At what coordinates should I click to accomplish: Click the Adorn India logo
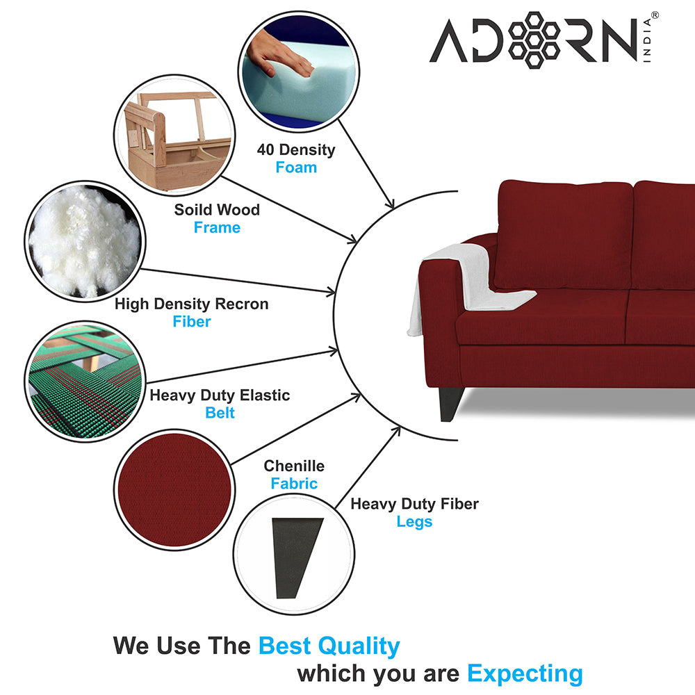click(544, 40)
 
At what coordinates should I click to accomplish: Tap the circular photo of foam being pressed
click(299, 72)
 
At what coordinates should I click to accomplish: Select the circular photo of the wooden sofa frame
click(174, 136)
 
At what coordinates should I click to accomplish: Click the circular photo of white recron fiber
click(85, 242)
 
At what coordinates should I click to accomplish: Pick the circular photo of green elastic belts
click(85, 381)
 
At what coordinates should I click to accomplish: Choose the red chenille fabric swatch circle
click(174, 490)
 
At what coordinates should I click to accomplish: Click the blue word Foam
click(296, 167)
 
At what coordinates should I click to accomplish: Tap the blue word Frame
click(217, 227)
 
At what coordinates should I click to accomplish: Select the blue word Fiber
click(192, 321)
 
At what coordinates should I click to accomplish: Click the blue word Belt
click(220, 413)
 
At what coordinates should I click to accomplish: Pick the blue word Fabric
click(294, 484)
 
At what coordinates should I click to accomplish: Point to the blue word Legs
click(414, 522)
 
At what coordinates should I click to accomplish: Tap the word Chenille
click(294, 466)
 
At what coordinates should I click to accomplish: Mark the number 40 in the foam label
click(265, 150)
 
